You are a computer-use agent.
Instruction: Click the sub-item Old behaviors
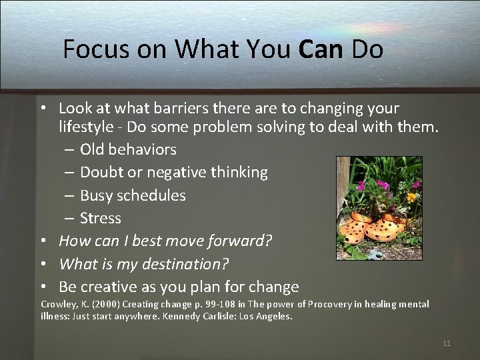[128, 149]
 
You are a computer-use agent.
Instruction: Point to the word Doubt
[102, 172]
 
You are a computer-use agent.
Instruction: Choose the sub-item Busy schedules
[133, 195]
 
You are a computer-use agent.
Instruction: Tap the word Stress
[101, 218]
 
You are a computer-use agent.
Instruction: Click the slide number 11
[447, 343]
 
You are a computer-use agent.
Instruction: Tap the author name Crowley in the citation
[59, 305]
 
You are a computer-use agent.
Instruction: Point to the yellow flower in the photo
[411, 197]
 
